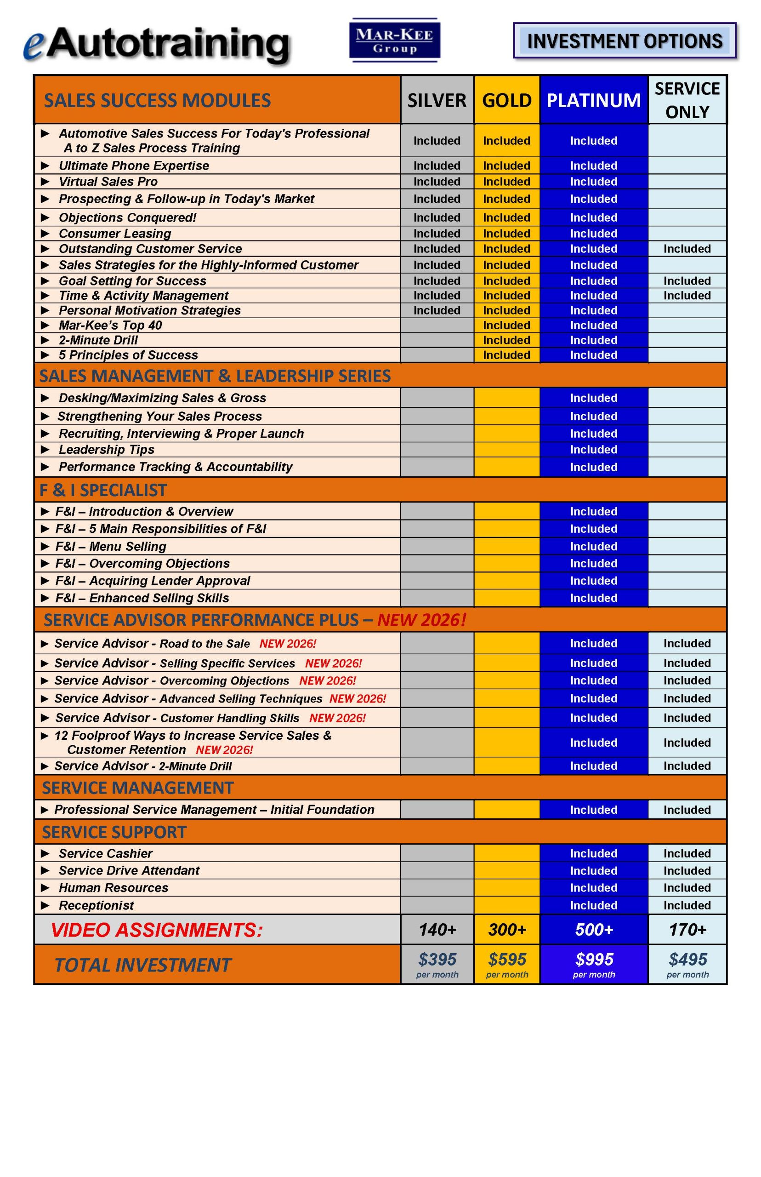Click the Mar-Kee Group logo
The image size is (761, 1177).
coord(394,40)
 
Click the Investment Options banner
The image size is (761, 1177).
coord(625,41)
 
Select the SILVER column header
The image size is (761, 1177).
coord(437,100)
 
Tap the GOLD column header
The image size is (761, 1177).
coord(506,100)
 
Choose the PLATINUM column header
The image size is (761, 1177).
coord(593,100)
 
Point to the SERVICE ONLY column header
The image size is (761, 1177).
coord(687,100)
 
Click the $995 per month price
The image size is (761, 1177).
coord(594,964)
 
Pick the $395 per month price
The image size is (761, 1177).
coord(437,964)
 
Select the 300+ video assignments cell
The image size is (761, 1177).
coord(507,930)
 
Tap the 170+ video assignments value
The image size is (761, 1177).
coord(687,930)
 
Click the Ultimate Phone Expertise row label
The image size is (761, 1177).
coord(133,166)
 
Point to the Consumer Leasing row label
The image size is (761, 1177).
coord(114,233)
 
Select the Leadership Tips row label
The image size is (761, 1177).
coord(106,449)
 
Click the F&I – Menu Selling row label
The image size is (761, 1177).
coord(111,546)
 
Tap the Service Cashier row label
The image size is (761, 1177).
coord(105,853)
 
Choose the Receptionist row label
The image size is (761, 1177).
coord(97,905)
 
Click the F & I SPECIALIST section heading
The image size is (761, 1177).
coord(103,490)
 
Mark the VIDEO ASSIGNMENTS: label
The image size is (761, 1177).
coord(157,930)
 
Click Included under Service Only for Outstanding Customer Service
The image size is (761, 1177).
coord(687,249)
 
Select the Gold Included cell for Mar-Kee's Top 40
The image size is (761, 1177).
coord(506,325)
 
